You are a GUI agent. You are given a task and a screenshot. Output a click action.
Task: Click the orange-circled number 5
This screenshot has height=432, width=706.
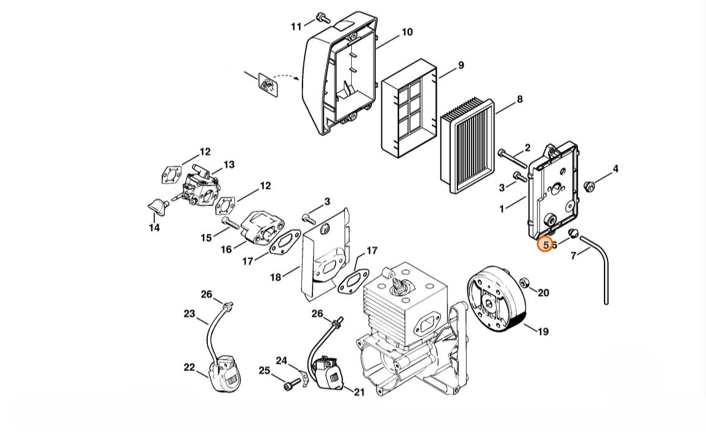click(545, 244)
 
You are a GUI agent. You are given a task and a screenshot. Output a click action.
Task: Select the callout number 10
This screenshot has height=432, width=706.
click(407, 32)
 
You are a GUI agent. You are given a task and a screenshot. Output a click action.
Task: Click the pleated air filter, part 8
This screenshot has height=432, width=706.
click(467, 145)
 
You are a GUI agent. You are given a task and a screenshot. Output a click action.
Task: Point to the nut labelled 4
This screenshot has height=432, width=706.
click(589, 185)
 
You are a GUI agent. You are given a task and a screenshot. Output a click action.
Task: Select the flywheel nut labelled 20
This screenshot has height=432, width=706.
click(523, 283)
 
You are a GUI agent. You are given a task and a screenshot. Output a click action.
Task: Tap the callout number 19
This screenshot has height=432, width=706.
click(544, 332)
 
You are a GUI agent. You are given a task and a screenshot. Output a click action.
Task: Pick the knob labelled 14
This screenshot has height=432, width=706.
click(157, 206)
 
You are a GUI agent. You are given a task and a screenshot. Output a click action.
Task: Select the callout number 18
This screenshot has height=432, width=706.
click(276, 277)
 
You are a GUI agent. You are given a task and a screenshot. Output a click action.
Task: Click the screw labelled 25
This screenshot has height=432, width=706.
click(292, 384)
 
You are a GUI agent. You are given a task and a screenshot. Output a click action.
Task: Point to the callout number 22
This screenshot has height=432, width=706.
click(189, 367)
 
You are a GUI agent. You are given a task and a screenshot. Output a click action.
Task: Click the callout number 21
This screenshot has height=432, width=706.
click(359, 393)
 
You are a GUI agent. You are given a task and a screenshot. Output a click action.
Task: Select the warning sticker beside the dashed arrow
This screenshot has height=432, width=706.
click(269, 85)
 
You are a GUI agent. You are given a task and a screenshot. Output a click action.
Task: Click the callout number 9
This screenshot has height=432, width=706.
click(461, 65)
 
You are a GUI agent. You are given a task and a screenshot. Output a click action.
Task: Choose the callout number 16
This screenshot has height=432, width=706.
click(226, 249)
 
